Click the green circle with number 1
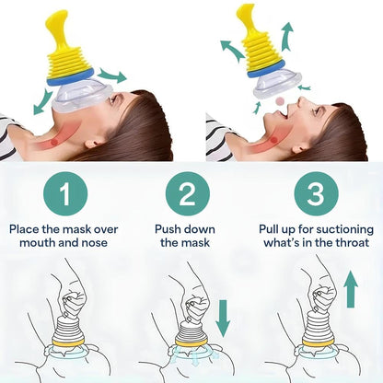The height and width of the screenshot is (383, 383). point(64,195)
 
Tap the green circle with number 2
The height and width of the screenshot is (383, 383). point(188,195)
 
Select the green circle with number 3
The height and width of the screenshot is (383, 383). point(316,195)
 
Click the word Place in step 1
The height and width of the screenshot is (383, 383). point(26,228)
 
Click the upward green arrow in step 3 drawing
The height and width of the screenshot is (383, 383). point(351,287)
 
